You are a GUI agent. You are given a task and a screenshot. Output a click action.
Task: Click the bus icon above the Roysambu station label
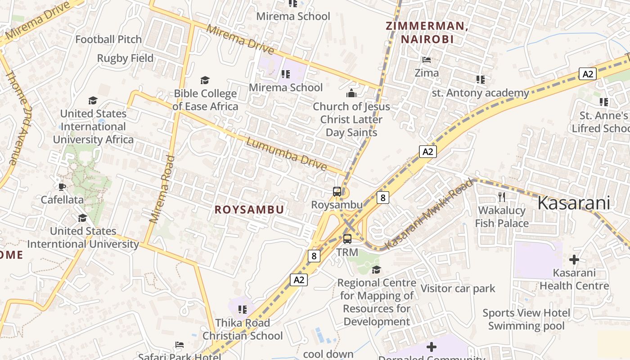(x=337, y=192)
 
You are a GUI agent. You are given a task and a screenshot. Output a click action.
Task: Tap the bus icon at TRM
(x=347, y=239)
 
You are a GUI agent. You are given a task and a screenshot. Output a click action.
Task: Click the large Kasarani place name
(x=574, y=203)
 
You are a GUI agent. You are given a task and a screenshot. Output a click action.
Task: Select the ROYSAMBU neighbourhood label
(x=249, y=210)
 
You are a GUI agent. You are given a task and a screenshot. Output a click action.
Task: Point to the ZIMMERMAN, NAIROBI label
(x=427, y=32)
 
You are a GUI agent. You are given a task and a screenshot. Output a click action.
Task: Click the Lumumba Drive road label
(x=287, y=154)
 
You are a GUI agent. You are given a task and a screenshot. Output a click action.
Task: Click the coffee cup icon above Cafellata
(x=62, y=186)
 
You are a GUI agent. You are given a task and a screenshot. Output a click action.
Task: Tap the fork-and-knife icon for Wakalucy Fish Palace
(x=502, y=197)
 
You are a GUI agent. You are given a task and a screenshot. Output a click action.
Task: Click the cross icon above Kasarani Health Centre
(x=574, y=260)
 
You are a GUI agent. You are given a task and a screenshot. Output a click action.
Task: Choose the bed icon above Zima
(x=427, y=59)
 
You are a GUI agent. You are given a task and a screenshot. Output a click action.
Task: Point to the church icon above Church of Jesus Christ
(x=351, y=93)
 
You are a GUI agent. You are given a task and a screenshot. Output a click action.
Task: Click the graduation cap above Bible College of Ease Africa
(x=205, y=80)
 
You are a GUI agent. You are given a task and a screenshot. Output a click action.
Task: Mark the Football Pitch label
(x=108, y=40)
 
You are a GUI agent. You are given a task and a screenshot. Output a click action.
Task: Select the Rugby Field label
(x=125, y=58)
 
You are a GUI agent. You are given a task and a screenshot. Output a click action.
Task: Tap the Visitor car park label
(x=458, y=288)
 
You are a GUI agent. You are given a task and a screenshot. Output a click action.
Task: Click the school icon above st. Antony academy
(x=481, y=80)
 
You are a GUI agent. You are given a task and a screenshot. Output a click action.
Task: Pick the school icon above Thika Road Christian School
(x=243, y=310)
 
